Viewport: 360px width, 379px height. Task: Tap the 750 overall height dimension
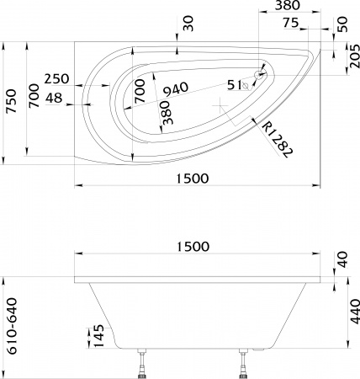tap(10, 101)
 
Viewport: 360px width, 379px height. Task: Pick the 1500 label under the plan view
tap(195, 178)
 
